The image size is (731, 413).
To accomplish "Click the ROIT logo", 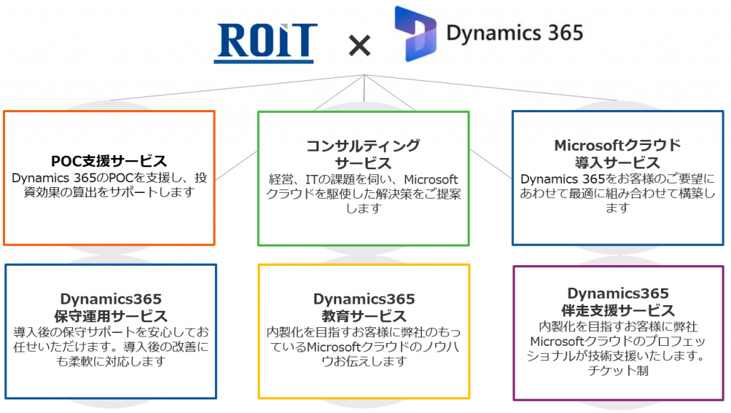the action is pos(266,43).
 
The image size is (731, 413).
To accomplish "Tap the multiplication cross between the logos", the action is pos(360,45).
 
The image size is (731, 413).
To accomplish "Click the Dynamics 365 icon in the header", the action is pos(415,34).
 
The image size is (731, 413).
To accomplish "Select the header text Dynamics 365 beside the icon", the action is pos(515,33).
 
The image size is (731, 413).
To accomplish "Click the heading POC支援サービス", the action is pos(109,161).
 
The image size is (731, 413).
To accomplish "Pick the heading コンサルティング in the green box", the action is pos(363,146).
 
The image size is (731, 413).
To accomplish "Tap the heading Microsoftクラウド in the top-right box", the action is pos(617,145).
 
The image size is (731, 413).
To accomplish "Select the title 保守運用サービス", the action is pos(111,316).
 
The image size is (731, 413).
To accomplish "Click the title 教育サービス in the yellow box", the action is pos(363,316).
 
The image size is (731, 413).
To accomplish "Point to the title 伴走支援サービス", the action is pos(617,310).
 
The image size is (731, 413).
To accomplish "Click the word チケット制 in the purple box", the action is pos(617,371).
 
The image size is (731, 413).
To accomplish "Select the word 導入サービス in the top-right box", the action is pos(617,163).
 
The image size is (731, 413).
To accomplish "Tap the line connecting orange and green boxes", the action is pos(237,165).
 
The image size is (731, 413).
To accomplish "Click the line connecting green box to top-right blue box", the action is pos(491,164).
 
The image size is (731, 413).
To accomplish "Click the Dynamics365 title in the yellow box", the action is pos(363,299).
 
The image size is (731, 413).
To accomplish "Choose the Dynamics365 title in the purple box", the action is pos(617,293).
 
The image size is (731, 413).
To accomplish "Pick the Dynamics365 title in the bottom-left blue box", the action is pos(111,299).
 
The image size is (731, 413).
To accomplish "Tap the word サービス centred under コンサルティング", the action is pos(363,164).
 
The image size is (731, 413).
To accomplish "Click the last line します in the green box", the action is pos(363,208).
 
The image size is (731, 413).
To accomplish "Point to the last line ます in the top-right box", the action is pos(617,208).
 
